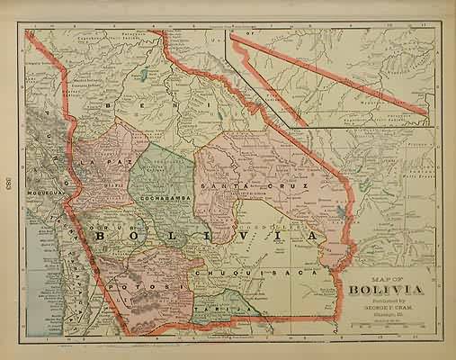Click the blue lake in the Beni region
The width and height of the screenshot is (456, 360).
click(144, 71)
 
